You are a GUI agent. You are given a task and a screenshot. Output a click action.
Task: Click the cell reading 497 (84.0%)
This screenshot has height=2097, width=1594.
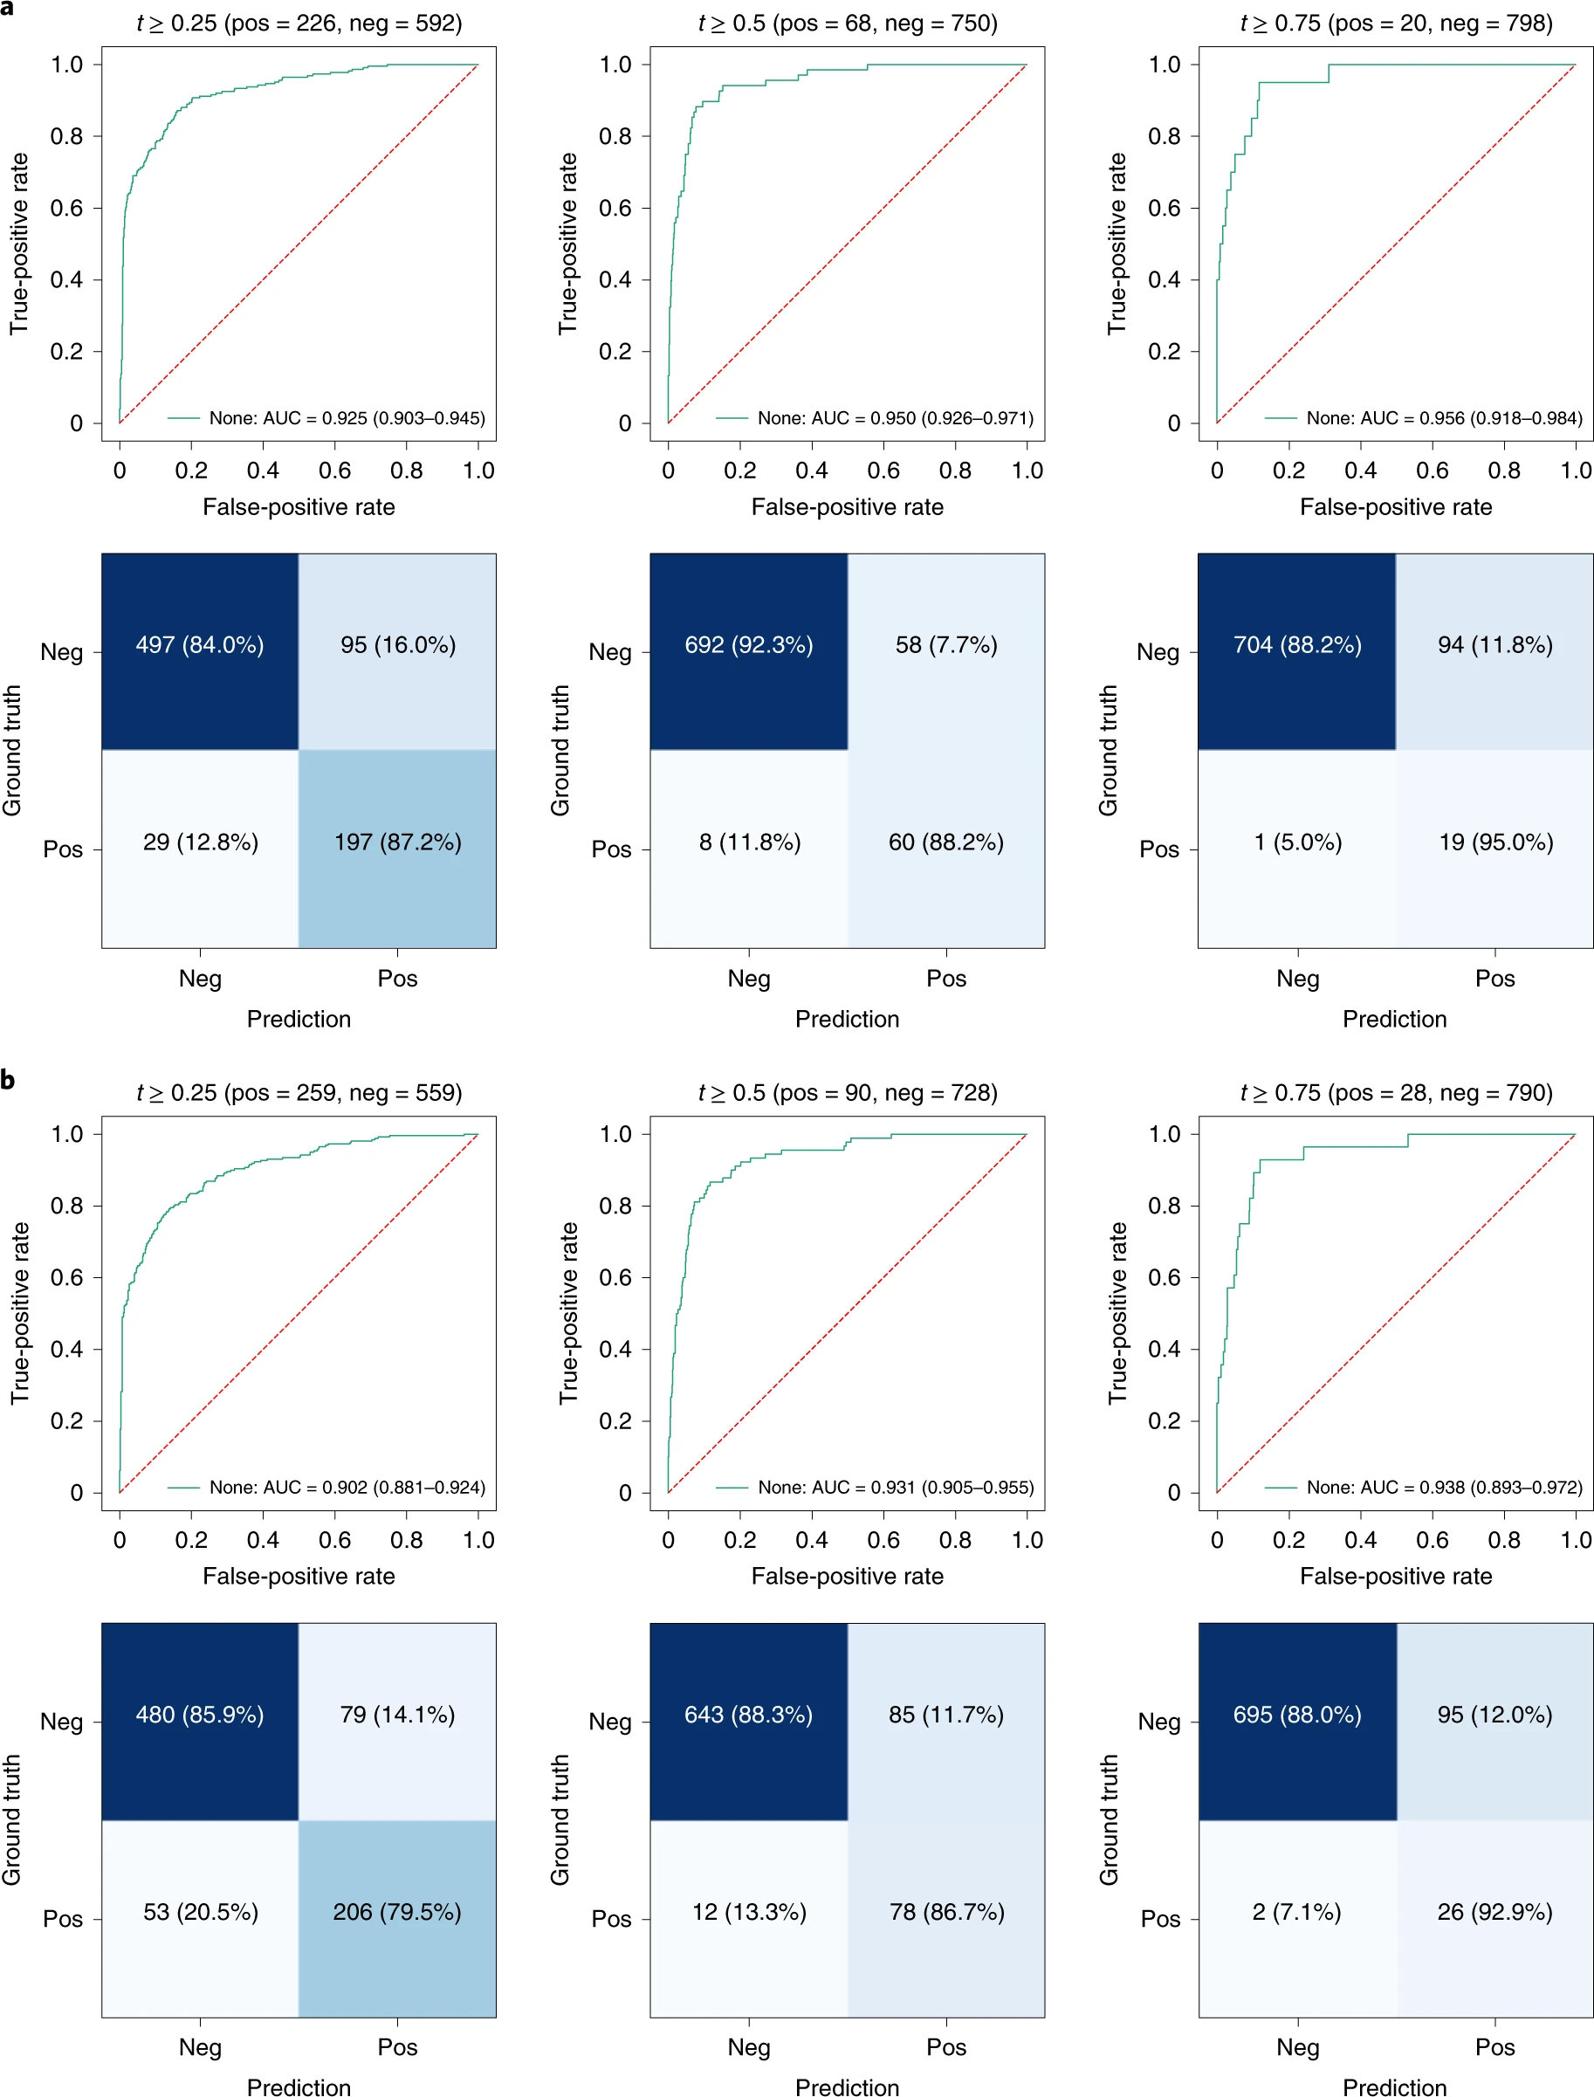(199, 645)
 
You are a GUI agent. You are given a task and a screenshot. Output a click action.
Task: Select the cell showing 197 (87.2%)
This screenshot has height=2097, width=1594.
(397, 842)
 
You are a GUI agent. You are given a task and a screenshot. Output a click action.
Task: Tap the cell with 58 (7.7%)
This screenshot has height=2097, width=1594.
(946, 645)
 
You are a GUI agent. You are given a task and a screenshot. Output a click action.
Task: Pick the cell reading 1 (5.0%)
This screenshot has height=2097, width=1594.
(1297, 842)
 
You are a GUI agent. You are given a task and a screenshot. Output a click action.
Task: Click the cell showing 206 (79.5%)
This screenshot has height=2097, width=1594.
(396, 1912)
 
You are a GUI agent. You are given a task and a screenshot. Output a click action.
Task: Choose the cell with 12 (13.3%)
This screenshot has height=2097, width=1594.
(749, 1912)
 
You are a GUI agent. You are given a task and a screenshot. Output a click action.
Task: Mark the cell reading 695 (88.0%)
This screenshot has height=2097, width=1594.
(1297, 1715)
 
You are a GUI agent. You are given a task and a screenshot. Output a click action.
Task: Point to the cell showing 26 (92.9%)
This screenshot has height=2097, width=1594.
(1494, 1912)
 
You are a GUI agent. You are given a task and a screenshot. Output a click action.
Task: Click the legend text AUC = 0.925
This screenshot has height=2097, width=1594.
(347, 418)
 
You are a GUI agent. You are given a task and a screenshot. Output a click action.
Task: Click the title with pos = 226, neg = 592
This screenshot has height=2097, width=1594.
(299, 23)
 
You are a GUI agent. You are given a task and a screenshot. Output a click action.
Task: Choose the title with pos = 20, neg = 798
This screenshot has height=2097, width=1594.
(1396, 23)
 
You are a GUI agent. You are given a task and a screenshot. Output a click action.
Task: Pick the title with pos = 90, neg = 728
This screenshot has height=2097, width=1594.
(848, 1093)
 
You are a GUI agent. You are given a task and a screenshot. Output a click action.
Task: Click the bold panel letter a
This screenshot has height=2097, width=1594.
(8, 9)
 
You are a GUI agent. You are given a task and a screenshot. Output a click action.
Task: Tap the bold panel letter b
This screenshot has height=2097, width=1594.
(8, 1080)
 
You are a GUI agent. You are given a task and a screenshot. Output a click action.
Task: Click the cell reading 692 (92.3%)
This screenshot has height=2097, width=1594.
(749, 645)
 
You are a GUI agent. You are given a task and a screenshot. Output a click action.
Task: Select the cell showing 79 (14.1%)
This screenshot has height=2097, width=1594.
(396, 1715)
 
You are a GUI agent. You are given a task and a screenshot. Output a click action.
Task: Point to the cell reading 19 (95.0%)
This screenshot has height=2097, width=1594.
(1495, 842)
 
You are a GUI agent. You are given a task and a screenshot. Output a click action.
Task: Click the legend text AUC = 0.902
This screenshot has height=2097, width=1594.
(347, 1488)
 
